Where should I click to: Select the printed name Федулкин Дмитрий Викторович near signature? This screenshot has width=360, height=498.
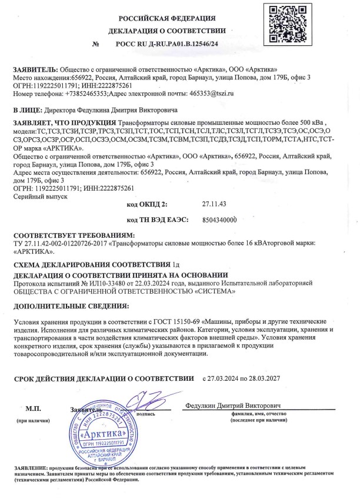(x=233, y=406)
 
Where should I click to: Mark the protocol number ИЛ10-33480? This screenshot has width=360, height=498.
(x=105, y=283)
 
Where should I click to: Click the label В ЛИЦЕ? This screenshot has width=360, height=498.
(x=27, y=109)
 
